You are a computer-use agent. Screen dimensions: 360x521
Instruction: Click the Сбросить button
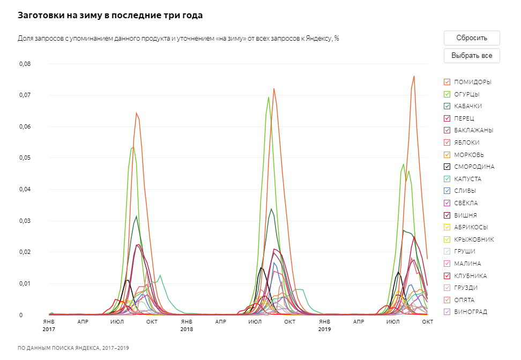click(x=472, y=38)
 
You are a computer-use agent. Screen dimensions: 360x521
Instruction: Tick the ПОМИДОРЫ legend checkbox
click(x=446, y=82)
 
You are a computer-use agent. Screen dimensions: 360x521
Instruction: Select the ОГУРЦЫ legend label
click(x=466, y=94)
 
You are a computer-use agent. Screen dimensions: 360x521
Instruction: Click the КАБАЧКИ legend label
click(x=467, y=106)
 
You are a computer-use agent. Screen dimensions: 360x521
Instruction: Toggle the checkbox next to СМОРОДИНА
click(x=446, y=167)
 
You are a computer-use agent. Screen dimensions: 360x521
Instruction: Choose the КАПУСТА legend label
click(x=467, y=179)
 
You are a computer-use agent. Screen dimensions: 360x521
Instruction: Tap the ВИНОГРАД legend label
click(x=470, y=312)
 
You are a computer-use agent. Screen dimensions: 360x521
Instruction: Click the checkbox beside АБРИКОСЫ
click(x=446, y=227)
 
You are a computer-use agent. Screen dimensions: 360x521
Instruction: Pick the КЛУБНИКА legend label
click(x=470, y=276)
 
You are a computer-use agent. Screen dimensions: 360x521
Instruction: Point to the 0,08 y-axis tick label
click(x=25, y=64)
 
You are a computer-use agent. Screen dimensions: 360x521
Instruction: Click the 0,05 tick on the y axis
click(x=25, y=158)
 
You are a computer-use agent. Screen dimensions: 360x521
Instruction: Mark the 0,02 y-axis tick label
click(x=25, y=252)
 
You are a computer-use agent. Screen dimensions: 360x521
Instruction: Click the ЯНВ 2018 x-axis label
click(x=187, y=325)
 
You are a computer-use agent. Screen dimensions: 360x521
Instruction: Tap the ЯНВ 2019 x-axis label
click(x=324, y=325)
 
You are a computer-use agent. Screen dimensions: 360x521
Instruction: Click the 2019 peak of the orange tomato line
click(x=414, y=76)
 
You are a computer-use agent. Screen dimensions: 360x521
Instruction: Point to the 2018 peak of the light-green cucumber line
click(x=269, y=97)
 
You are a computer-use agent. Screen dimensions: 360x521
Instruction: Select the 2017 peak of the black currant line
click(x=128, y=280)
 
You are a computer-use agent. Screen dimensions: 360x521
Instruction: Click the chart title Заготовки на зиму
click(x=110, y=16)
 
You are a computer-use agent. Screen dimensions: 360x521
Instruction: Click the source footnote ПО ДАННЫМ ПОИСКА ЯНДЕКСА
click(x=73, y=348)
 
